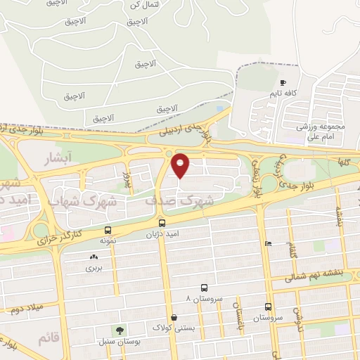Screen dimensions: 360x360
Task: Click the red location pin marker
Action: tap(181, 165)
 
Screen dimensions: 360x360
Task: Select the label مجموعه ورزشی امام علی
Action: tap(322, 131)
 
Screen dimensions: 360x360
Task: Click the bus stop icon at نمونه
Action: tap(108, 230)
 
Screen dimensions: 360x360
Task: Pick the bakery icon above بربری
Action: tap(94, 257)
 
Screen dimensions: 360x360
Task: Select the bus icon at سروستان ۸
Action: tap(204, 288)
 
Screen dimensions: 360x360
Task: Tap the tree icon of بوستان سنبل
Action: tap(120, 330)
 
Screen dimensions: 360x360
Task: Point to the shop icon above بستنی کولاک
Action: tap(174, 317)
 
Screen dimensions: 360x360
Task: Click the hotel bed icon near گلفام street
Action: tap(268, 243)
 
